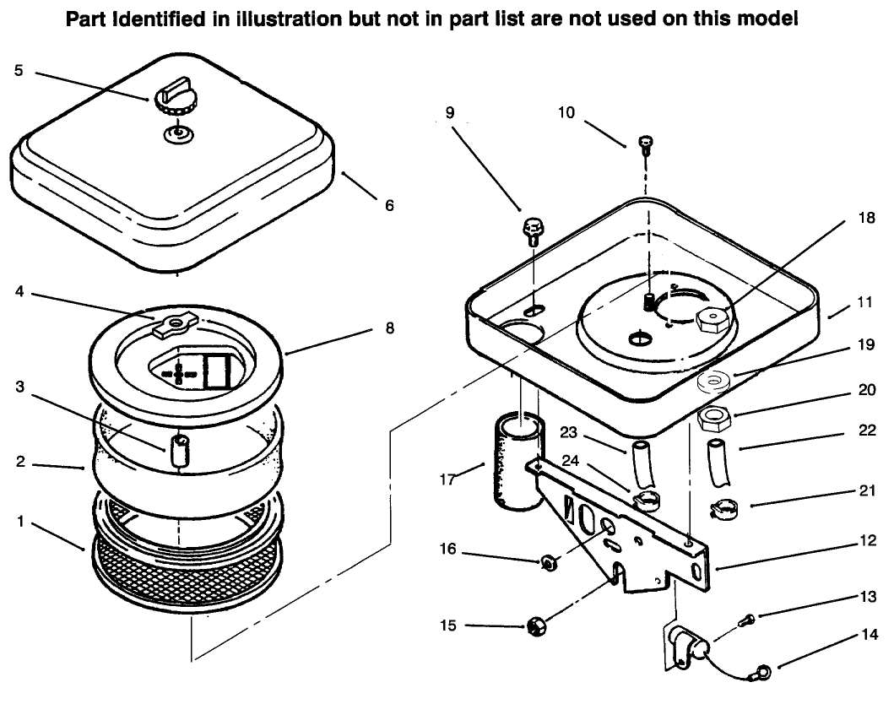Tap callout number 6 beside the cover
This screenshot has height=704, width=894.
(x=388, y=205)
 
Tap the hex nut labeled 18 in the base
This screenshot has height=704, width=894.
(x=711, y=319)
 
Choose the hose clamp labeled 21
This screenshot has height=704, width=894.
(x=723, y=510)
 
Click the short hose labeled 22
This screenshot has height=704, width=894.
(x=718, y=462)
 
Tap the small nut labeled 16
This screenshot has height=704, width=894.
(x=547, y=560)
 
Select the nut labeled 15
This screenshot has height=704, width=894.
(x=534, y=626)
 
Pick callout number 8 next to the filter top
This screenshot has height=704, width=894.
(x=389, y=328)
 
